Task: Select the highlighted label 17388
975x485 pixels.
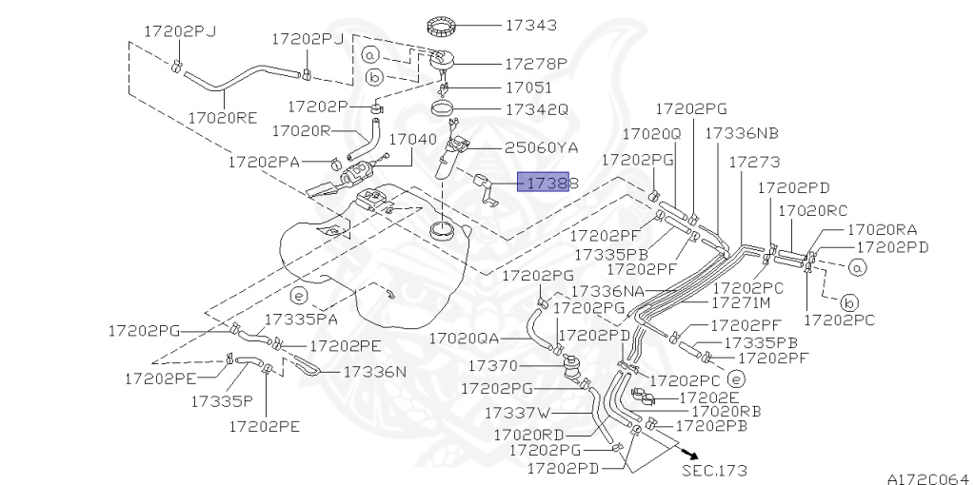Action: point(542,182)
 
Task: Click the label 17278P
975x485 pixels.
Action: point(536,65)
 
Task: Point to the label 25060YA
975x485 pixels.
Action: point(541,147)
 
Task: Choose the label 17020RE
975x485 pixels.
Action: point(222,118)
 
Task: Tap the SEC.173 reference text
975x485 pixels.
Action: point(714,470)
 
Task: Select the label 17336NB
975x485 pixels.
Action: point(741,134)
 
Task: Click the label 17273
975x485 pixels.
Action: point(754,163)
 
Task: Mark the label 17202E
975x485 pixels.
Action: point(708,396)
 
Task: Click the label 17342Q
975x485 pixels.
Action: point(536,109)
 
